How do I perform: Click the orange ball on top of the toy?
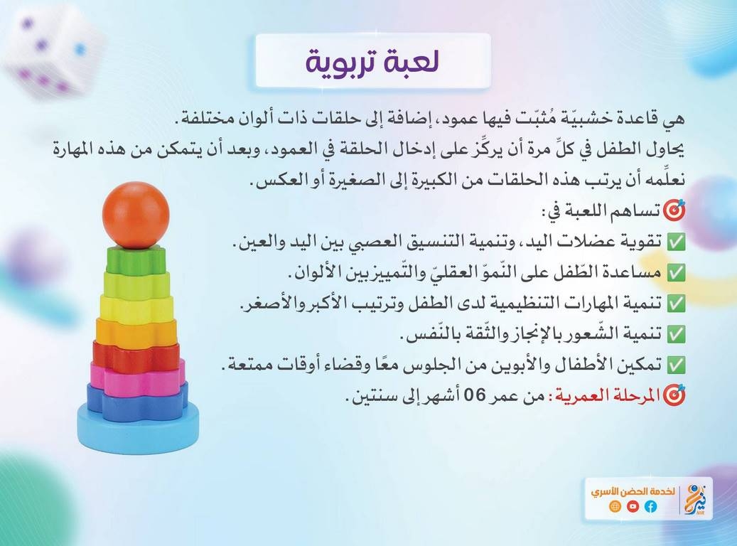tap(135, 215)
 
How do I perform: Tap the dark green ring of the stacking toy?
tap(136, 259)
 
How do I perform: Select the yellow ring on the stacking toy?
tap(136, 308)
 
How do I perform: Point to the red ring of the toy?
tap(136, 355)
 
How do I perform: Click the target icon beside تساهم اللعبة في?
tap(674, 210)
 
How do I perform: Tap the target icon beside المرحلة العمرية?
tap(674, 395)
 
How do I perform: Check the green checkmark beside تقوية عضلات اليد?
tap(677, 242)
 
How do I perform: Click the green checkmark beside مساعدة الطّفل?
tap(677, 273)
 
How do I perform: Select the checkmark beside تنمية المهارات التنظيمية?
tap(677, 304)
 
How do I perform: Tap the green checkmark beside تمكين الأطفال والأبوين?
tap(677, 365)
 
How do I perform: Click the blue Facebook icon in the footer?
tap(650, 506)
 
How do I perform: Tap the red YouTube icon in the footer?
tap(633, 506)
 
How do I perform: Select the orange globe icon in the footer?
tap(615, 506)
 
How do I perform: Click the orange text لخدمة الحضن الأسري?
tap(633, 491)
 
